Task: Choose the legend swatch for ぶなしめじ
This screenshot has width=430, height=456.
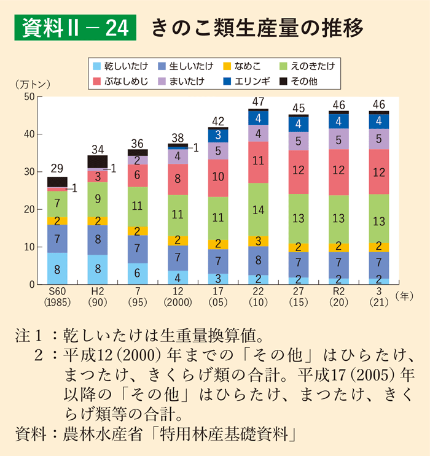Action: point(96,80)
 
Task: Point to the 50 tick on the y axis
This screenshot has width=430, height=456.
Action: point(28,96)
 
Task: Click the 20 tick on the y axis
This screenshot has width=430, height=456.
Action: point(28,209)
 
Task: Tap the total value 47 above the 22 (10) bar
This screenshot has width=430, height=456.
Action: point(259,101)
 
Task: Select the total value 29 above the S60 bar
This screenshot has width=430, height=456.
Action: point(57,169)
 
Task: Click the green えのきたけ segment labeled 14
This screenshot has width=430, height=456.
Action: point(259,209)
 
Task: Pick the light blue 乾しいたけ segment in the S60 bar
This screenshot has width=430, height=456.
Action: point(57,268)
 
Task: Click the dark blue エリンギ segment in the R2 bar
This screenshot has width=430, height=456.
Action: point(338,121)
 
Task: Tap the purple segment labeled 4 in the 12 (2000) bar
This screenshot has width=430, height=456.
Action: point(178,157)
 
